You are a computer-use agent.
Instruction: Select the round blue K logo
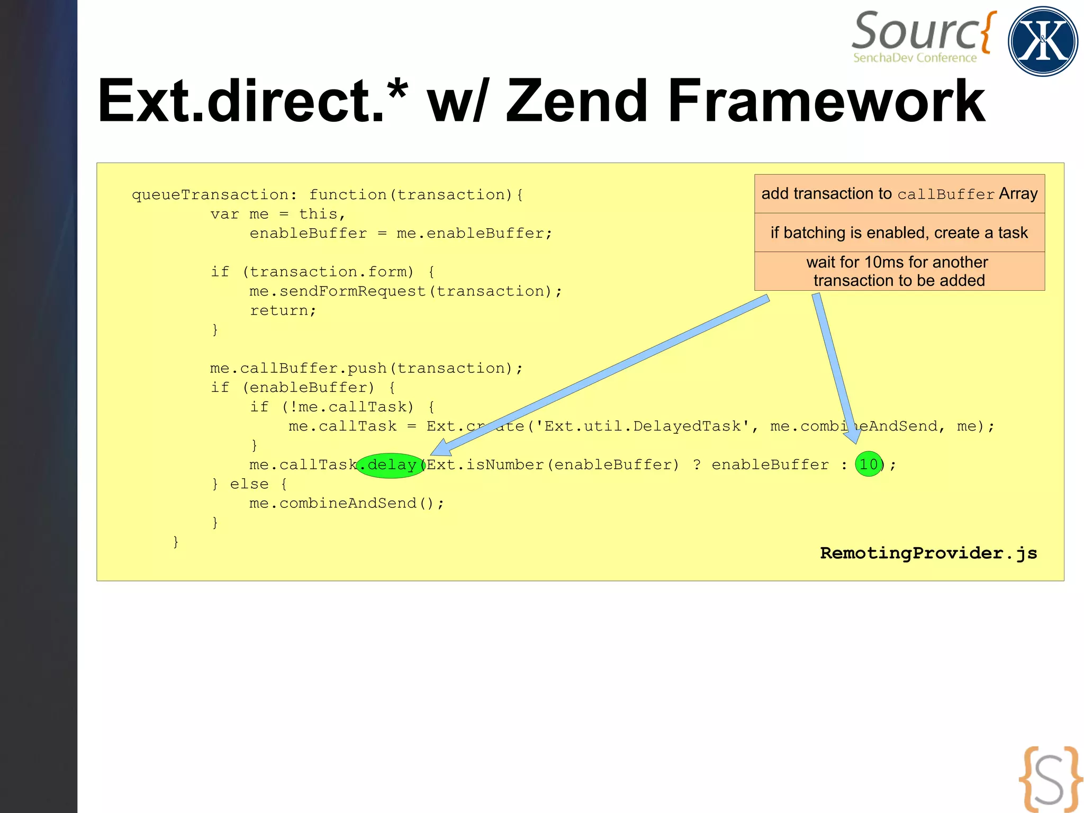1043,41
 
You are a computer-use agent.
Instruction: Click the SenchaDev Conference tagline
915,58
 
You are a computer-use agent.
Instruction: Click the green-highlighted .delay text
391,465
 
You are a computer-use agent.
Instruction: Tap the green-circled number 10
869,464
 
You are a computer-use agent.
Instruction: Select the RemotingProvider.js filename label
928,553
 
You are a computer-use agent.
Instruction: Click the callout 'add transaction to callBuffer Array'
899,194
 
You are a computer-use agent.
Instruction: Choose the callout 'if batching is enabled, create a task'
899,233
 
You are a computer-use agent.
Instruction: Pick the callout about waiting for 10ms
899,271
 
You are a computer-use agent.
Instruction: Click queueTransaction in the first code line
210,195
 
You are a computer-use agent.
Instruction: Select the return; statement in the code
283,310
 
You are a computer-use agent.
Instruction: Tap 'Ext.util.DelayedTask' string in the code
643,426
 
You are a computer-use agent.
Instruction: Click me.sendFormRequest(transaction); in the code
405,291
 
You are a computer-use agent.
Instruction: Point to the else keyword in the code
249,484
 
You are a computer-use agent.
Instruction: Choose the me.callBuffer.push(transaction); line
366,369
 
